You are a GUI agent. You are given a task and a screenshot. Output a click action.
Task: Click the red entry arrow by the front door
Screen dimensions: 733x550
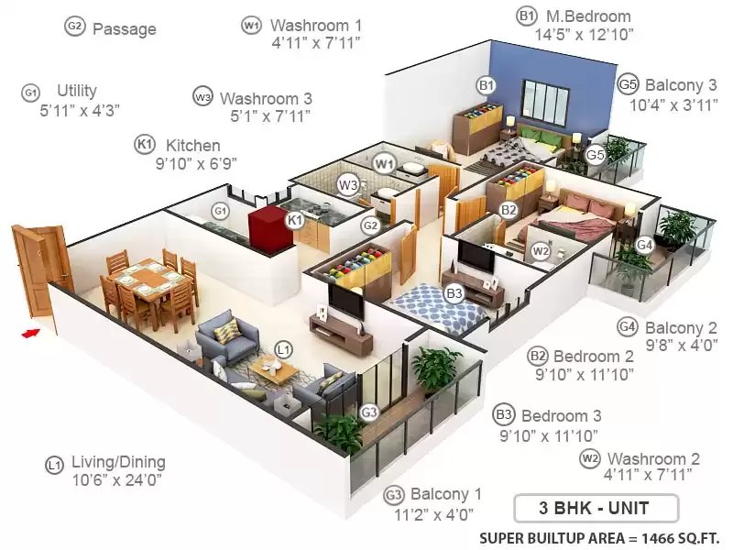[30, 333]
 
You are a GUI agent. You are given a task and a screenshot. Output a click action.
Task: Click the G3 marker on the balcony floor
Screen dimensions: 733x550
[369, 412]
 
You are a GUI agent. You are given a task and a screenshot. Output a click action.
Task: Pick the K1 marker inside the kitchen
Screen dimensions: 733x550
[294, 219]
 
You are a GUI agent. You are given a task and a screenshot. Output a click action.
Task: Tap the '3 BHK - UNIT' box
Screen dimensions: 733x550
[596, 508]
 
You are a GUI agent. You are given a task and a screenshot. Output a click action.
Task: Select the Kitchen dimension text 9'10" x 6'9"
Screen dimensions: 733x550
[196, 164]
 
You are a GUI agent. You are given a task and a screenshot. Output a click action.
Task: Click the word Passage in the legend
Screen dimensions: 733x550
[125, 29]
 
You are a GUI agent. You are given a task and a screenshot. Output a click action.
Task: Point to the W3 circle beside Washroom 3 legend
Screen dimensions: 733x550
[202, 97]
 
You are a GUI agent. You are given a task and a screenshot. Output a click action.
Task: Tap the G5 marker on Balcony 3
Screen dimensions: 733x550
[595, 154]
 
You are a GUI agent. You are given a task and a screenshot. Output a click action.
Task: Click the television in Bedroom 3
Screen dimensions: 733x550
[476, 256]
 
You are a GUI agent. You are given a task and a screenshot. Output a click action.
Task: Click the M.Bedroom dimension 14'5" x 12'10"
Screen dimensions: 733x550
[584, 35]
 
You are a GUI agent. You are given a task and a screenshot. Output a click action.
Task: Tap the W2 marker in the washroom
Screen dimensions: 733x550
[541, 251]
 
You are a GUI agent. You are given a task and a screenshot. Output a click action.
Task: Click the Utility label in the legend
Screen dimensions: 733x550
[77, 90]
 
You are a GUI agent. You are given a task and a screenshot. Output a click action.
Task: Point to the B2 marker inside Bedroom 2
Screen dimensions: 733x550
[509, 210]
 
